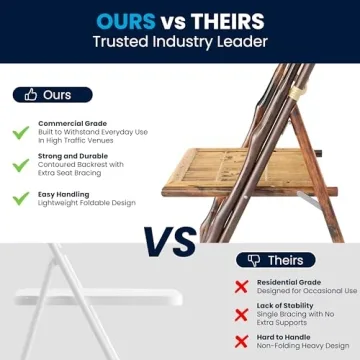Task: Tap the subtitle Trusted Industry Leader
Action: [179, 42]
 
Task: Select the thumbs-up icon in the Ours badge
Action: [31, 95]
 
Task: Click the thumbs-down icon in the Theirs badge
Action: [253, 260]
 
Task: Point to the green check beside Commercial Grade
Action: [20, 132]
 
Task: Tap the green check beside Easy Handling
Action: [20, 198]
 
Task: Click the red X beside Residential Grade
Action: [242, 286]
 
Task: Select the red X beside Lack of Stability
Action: [242, 314]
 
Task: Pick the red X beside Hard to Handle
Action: [242, 341]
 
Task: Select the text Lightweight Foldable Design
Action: [87, 203]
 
